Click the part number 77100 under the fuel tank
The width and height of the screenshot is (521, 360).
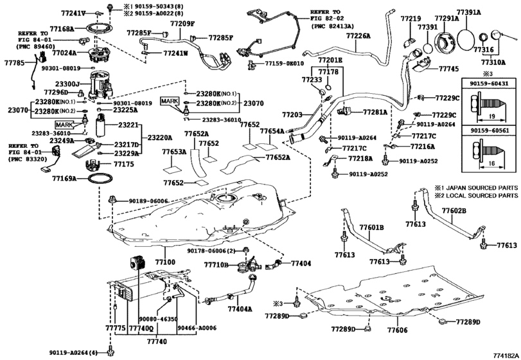click(x=166, y=262)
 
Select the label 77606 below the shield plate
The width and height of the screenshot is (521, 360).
click(x=397, y=330)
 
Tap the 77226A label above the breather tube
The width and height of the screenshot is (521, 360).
click(x=358, y=35)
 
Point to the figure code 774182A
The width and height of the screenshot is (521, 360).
click(x=506, y=355)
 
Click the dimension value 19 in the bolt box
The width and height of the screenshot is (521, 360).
click(x=491, y=116)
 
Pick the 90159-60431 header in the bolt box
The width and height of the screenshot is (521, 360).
click(x=489, y=84)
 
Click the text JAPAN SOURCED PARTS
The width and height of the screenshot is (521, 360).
click(x=482, y=188)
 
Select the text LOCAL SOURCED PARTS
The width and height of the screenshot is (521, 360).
click(x=482, y=195)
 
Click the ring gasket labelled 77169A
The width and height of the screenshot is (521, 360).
click(x=100, y=180)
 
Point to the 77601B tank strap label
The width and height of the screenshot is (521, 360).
click(x=372, y=228)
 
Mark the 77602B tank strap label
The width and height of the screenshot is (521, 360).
click(x=454, y=210)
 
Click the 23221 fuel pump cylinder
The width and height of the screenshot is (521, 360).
click(x=101, y=125)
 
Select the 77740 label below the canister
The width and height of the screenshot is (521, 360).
click(x=157, y=342)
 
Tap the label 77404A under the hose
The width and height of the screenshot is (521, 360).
click(x=240, y=309)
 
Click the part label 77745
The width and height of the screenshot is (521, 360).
click(x=448, y=69)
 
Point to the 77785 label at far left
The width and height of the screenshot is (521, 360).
click(x=15, y=62)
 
